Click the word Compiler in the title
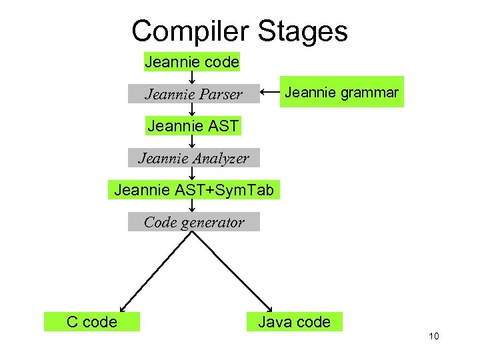189,31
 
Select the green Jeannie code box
192,62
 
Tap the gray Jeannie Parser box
193,94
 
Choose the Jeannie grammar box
341,92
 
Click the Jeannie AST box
193,125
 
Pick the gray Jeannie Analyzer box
193,158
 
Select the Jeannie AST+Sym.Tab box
194,189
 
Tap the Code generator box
193,222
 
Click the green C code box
92,322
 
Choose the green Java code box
294,322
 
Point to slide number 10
433,337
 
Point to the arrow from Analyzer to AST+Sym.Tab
192,174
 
